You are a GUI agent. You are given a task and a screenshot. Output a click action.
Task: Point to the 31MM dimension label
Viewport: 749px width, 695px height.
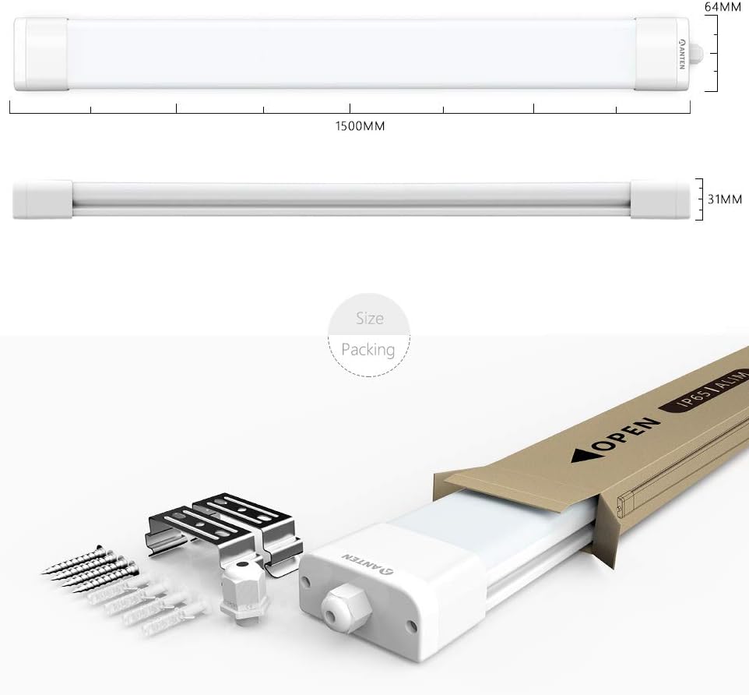click(x=725, y=199)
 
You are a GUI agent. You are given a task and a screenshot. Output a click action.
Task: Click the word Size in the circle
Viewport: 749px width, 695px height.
click(x=370, y=319)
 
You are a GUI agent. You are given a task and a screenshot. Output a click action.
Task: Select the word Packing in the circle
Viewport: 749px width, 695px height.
click(x=368, y=350)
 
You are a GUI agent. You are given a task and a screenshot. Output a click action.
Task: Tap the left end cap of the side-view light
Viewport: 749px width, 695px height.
click(x=43, y=199)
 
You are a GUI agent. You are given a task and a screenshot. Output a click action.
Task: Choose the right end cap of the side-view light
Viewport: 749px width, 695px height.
click(x=660, y=199)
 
